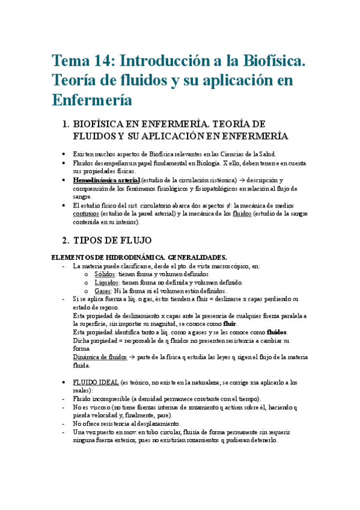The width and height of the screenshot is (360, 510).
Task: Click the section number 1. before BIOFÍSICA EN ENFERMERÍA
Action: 66,124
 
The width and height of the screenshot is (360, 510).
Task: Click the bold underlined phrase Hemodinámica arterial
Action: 106,180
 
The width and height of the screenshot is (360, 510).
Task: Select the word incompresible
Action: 118,399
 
